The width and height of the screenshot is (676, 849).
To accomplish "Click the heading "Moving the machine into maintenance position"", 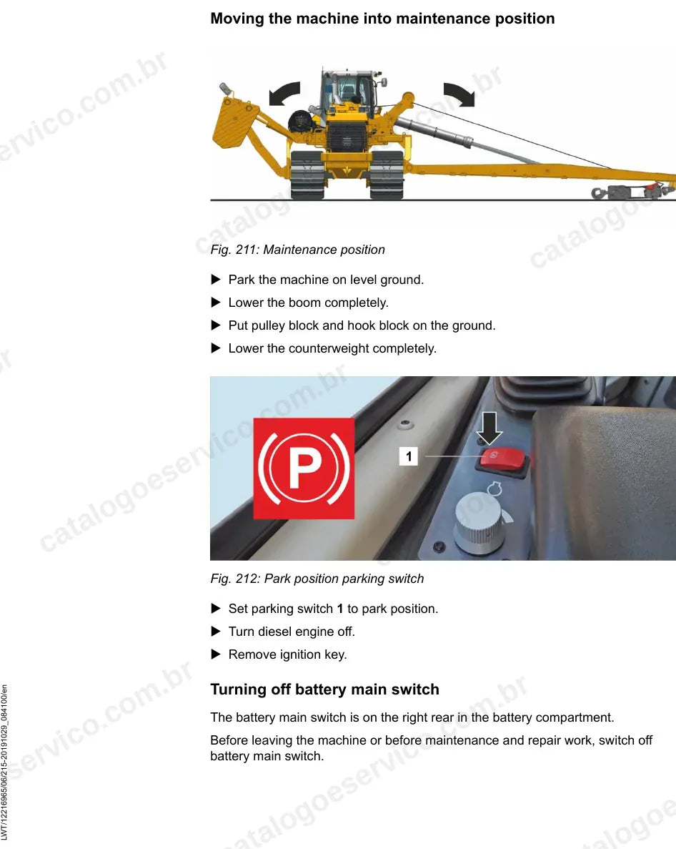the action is click(x=382, y=19).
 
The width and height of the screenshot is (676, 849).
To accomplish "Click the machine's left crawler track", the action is click(x=308, y=175).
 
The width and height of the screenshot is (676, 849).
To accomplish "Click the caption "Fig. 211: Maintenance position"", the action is click(x=297, y=250).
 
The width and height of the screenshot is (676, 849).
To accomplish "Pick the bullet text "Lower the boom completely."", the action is click(x=308, y=303).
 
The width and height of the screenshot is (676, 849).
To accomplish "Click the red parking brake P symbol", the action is click(x=304, y=468).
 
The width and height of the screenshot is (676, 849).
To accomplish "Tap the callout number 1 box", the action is click(x=408, y=456).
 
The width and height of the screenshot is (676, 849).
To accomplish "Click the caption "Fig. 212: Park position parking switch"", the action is click(x=317, y=579).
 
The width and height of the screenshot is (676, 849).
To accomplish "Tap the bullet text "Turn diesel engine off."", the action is click(x=292, y=632).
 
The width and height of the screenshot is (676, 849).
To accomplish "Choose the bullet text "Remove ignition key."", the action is click(x=288, y=654).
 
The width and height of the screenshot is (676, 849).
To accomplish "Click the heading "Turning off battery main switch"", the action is click(x=324, y=689).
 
